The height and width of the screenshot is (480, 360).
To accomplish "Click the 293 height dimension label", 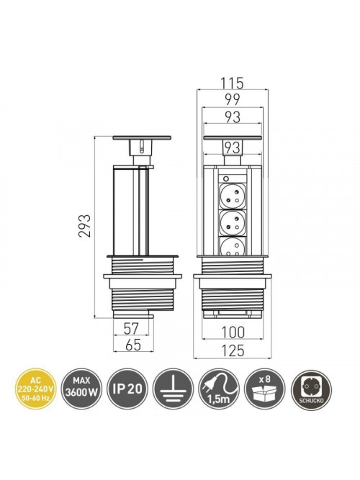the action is [x=84, y=226].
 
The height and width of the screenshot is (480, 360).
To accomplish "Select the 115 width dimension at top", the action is [x=233, y=83].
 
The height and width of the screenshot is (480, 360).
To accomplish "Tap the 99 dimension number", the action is [x=233, y=99].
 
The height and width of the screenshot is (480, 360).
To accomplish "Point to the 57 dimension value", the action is [x=132, y=328].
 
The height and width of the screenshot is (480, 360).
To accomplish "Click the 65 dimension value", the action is [x=133, y=345].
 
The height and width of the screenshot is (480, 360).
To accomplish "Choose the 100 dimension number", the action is [x=233, y=332].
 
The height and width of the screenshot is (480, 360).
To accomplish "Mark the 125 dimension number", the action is [x=233, y=350].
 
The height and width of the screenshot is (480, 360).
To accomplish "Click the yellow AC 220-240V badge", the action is [x=35, y=389].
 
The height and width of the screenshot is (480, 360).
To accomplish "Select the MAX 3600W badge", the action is [x=81, y=389].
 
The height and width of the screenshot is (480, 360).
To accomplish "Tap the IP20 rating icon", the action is [x=127, y=389].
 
